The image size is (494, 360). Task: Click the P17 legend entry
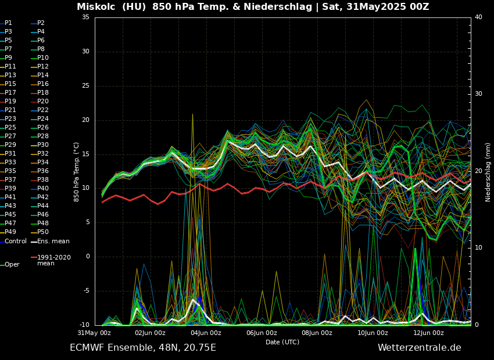coord(10,93)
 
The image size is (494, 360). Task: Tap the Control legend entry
coord(15,242)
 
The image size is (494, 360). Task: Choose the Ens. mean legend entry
coord(53,242)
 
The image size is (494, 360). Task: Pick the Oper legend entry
coord(12,265)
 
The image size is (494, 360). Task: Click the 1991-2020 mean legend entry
coord(53,260)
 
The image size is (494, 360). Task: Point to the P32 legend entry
coord(43,154)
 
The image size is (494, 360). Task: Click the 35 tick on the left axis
coord(85,17)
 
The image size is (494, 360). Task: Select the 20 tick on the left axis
coord(85,120)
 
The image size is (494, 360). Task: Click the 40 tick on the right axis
coord(478,17)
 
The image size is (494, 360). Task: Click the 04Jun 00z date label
coord(206,333)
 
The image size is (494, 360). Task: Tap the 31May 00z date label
coord(95,333)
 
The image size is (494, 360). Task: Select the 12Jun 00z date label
coord(428,333)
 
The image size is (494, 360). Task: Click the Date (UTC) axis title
coord(282,343)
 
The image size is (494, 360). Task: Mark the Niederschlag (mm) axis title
coord(488,172)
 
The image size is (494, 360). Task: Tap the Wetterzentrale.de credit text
coord(419,348)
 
